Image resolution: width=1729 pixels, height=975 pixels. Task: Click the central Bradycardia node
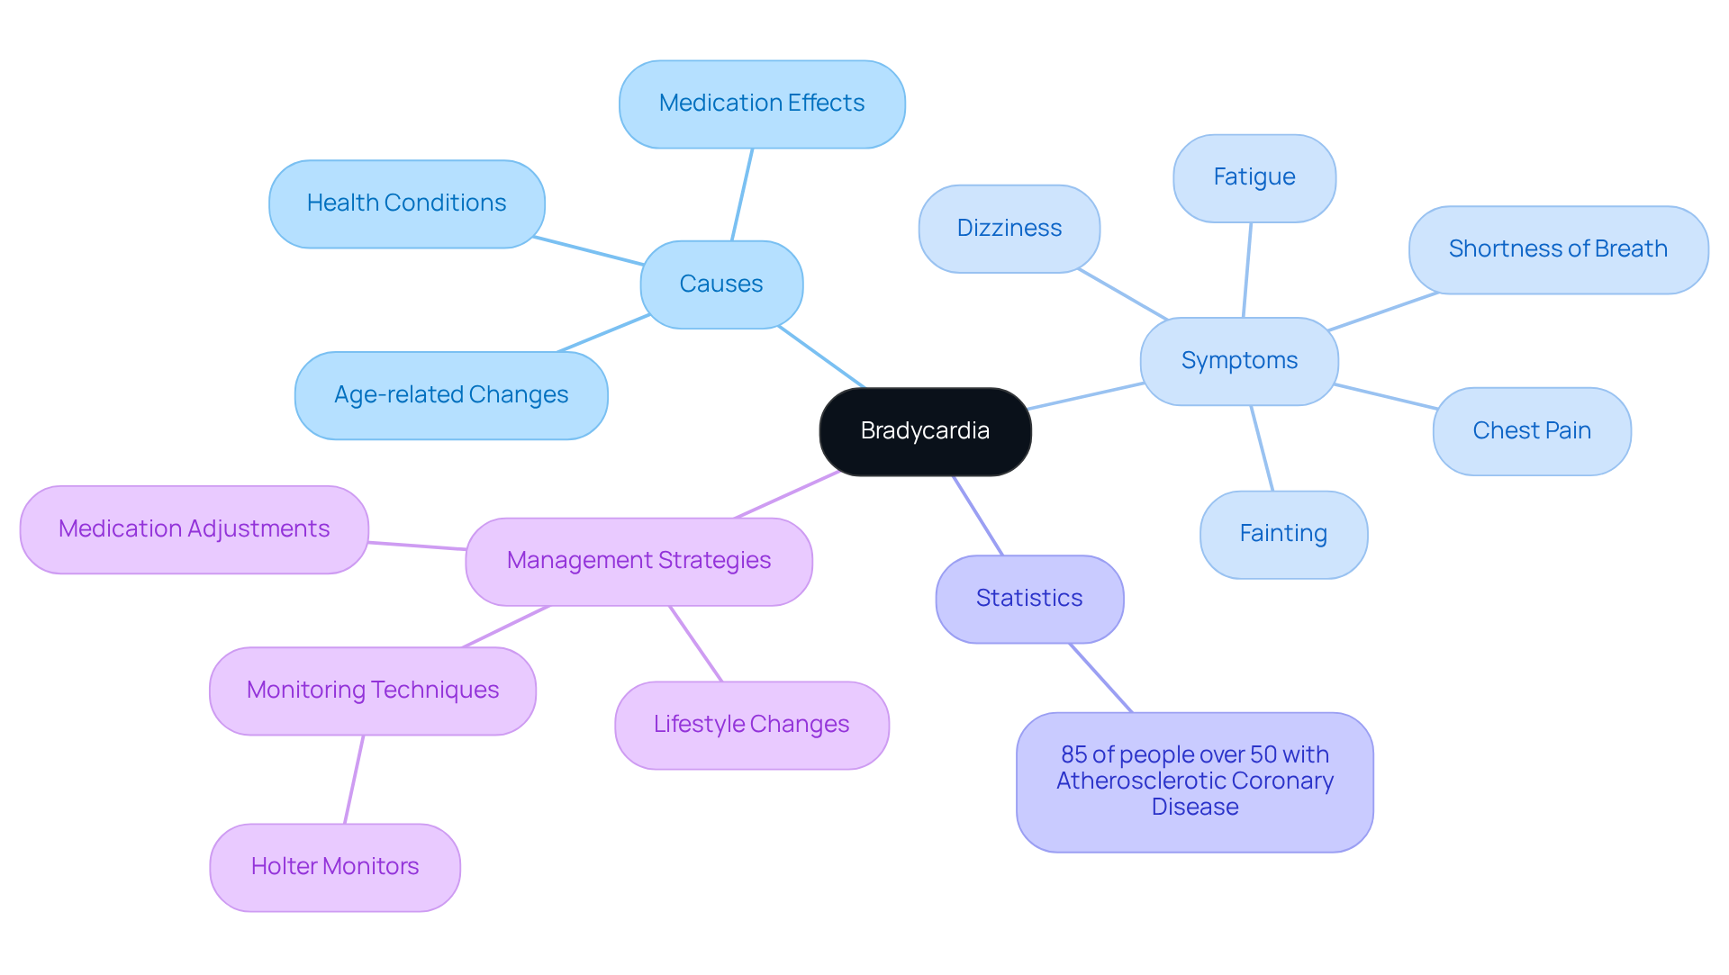click(x=925, y=431)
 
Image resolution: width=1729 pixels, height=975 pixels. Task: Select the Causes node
click(x=721, y=284)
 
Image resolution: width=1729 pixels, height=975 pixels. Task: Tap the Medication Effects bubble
click(x=762, y=104)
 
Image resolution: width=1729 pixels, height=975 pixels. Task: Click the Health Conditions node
click(x=406, y=203)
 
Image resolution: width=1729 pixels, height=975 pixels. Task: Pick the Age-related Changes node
click(x=451, y=395)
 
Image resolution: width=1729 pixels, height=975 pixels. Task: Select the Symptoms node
click(x=1239, y=361)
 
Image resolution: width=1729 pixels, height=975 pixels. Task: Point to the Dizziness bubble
click(x=1009, y=229)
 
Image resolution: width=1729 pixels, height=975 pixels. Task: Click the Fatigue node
click(x=1254, y=177)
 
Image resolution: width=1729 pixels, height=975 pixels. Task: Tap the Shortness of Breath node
click(x=1558, y=249)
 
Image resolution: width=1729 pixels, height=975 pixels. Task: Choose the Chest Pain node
click(x=1531, y=431)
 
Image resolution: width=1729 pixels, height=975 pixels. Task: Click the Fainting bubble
click(x=1283, y=534)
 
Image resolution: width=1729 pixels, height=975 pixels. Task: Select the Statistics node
click(x=1029, y=599)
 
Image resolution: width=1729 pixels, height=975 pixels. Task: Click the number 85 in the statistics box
click(x=1074, y=754)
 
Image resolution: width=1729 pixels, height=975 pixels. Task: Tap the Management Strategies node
click(x=638, y=561)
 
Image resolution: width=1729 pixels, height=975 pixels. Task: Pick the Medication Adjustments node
click(x=194, y=529)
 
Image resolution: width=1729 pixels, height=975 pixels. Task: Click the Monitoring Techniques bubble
click(x=373, y=691)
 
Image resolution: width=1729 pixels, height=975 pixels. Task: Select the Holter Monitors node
click(x=335, y=867)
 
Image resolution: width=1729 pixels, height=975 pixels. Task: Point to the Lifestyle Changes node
click(x=751, y=725)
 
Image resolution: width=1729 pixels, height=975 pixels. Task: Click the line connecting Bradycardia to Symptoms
click(x=1085, y=396)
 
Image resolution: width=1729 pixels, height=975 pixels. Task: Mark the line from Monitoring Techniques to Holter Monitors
click(x=354, y=779)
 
